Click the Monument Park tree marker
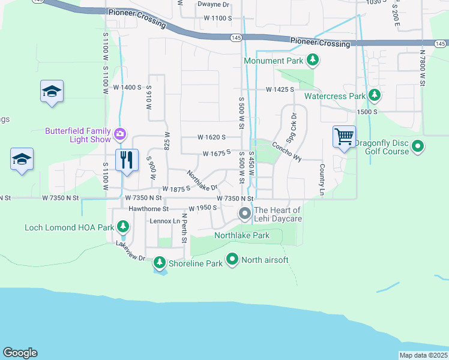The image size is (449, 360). pyautogui.click(x=312, y=60)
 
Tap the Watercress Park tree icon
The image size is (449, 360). pyautogui.click(x=375, y=95)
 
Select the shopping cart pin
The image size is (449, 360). pyautogui.click(x=345, y=136)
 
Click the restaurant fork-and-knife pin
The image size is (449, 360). pyautogui.click(x=126, y=160)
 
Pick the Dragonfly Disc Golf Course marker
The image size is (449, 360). pyautogui.click(x=418, y=146)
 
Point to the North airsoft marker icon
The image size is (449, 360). pyautogui.click(x=233, y=260)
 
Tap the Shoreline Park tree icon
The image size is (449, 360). pyautogui.click(x=160, y=262)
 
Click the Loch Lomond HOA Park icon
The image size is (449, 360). pyautogui.click(x=122, y=227)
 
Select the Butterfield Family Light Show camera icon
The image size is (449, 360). pyautogui.click(x=120, y=133)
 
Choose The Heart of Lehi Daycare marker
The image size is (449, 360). pyautogui.click(x=245, y=213)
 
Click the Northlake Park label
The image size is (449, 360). pyautogui.click(x=242, y=235)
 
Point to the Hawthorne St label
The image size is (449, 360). pyautogui.click(x=149, y=209)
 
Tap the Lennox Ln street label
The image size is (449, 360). pyautogui.click(x=164, y=221)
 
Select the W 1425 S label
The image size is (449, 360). pyautogui.click(x=280, y=89)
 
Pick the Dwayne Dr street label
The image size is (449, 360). pyautogui.click(x=214, y=4)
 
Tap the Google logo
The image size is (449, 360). pyautogui.click(x=20, y=353)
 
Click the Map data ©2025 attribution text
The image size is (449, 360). pyautogui.click(x=424, y=355)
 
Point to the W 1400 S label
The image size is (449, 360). pyautogui.click(x=127, y=87)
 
